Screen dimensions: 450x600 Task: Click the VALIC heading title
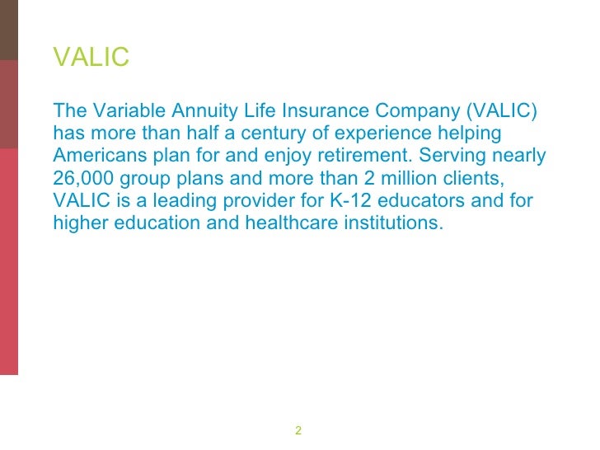[x=91, y=58]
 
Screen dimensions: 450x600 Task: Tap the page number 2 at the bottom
[x=298, y=431]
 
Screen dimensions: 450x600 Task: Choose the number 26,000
[x=86, y=177]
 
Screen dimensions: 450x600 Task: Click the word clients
[x=469, y=177]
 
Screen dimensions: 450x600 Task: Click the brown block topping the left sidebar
[x=8, y=30]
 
